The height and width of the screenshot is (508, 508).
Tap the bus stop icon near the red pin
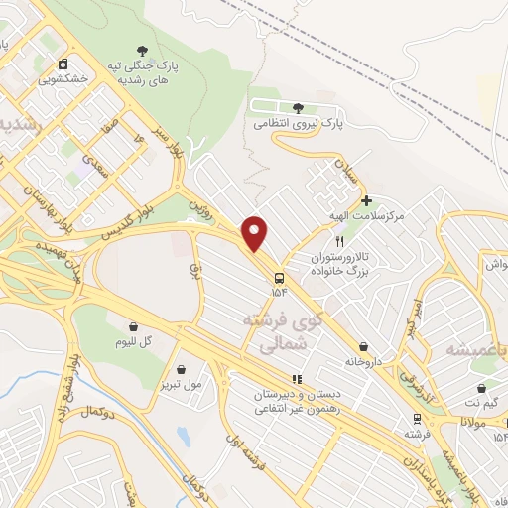click(x=280, y=277)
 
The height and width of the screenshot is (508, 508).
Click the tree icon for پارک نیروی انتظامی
click(x=299, y=107)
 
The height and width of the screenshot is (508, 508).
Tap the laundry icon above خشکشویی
click(x=63, y=63)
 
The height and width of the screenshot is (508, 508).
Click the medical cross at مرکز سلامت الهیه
click(x=366, y=200)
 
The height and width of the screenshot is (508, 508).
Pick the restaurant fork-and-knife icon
click(x=339, y=240)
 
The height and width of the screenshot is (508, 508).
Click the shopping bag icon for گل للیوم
click(x=133, y=325)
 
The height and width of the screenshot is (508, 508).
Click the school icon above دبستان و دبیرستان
click(x=295, y=378)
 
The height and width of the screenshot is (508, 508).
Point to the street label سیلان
click(x=352, y=172)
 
